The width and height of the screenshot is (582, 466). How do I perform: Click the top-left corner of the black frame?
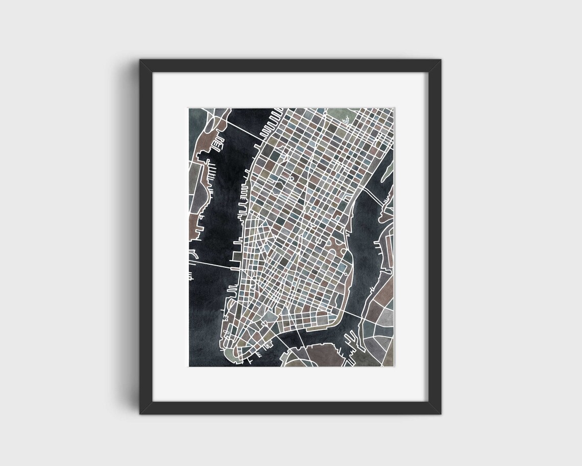[140, 60]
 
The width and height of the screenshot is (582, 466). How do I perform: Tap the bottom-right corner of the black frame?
[441, 413]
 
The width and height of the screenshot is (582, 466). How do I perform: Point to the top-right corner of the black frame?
[441, 60]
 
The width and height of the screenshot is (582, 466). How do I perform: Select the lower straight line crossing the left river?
[209, 264]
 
